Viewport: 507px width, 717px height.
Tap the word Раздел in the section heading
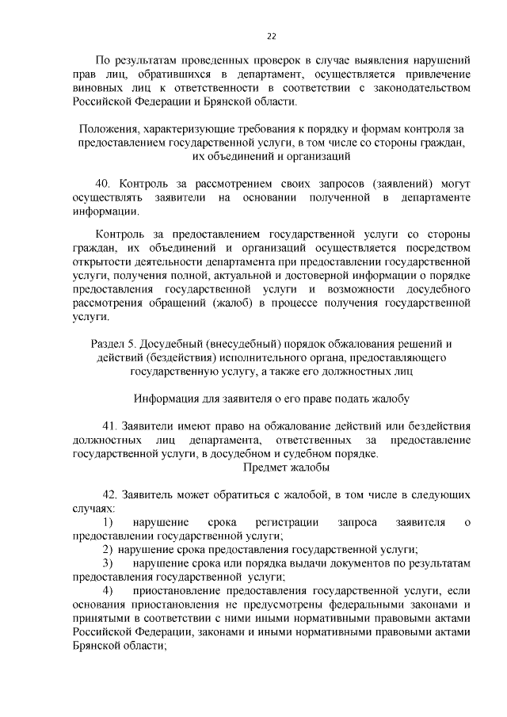click(x=111, y=343)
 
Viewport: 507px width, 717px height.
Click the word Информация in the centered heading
click(x=168, y=399)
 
